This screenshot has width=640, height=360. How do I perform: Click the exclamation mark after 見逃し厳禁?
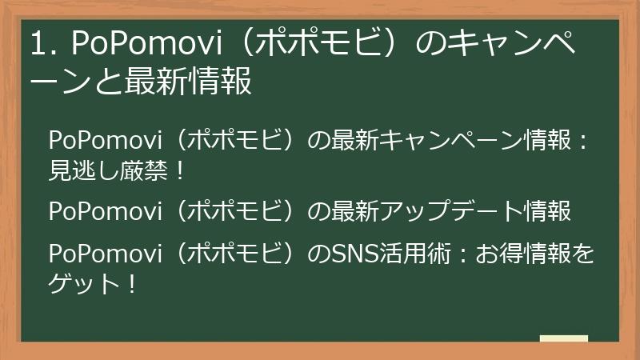(179, 170)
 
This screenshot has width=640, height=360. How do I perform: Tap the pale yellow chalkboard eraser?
(564, 339)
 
